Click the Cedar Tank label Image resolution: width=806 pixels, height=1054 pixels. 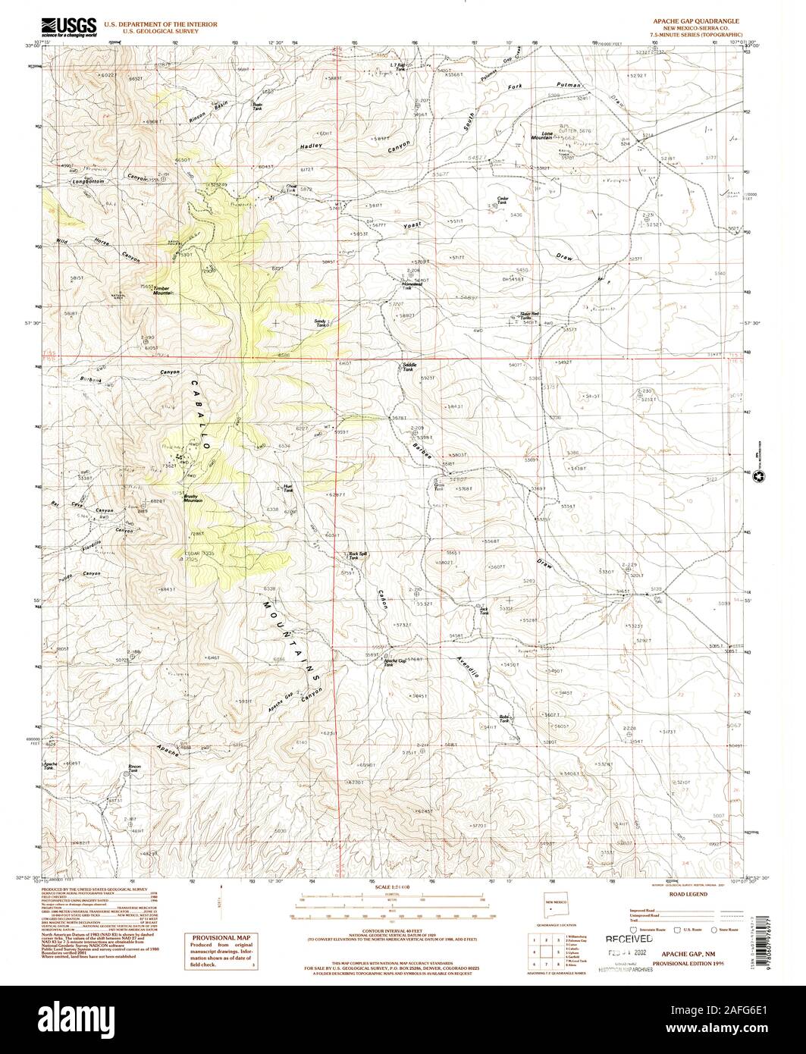[x=501, y=200]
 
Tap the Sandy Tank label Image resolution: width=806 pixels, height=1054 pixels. [x=320, y=323]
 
